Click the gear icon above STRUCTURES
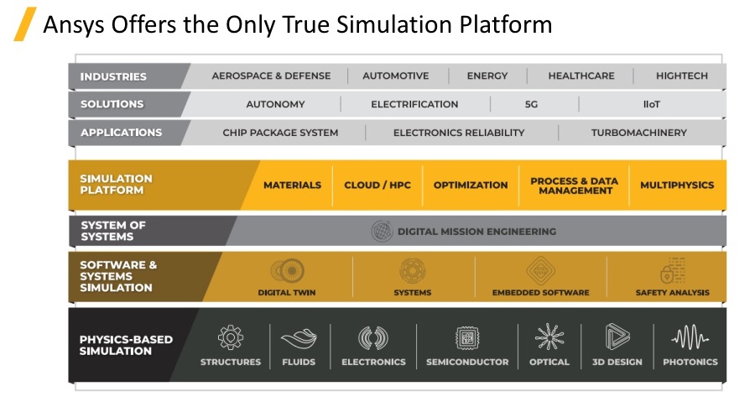(x=231, y=337)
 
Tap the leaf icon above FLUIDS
(x=299, y=338)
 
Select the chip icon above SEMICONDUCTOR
(x=467, y=337)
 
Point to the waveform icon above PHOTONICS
(x=690, y=337)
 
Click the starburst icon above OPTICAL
(x=549, y=337)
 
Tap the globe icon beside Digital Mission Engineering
(x=382, y=232)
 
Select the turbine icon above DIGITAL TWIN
(x=287, y=271)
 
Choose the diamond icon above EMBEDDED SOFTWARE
(x=540, y=270)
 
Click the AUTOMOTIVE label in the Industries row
(x=396, y=76)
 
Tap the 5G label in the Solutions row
(x=531, y=104)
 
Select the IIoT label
(x=652, y=104)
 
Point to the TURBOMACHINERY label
(x=639, y=133)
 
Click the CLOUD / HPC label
(x=377, y=185)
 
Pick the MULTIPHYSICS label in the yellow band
(x=677, y=185)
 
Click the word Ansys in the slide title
(x=74, y=25)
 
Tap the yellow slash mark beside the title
(x=25, y=24)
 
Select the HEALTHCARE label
(x=581, y=76)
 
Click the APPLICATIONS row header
(x=122, y=133)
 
